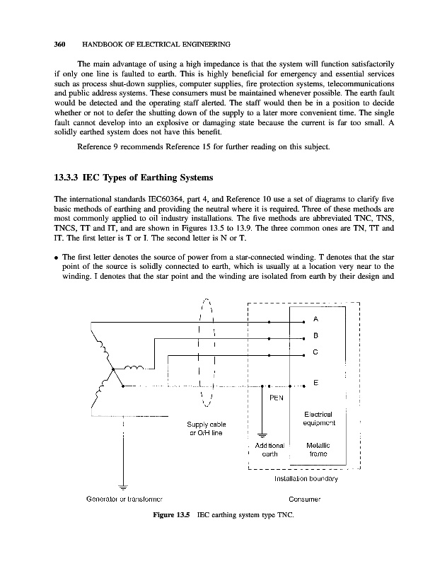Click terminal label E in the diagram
315,383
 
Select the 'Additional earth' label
269,450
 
